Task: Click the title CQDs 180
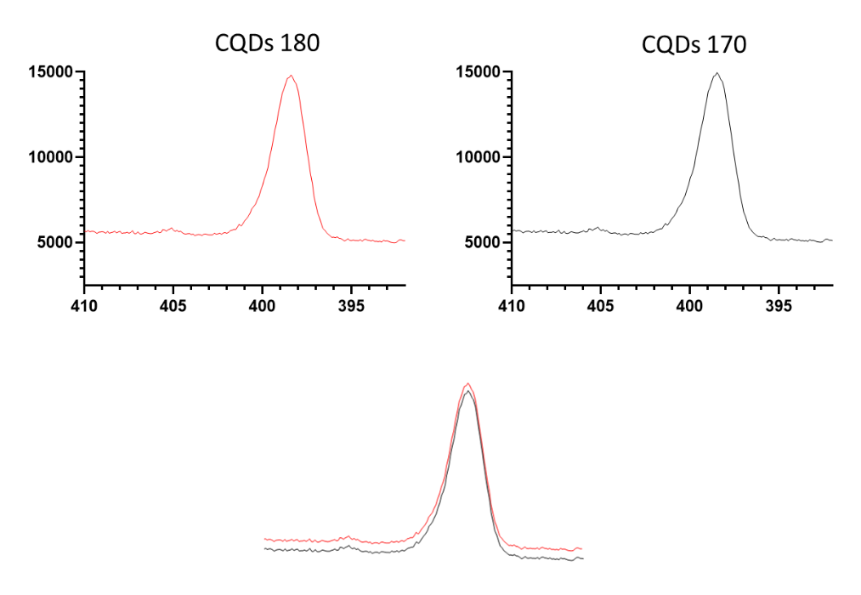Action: [x=267, y=43]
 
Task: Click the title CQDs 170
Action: [x=694, y=44]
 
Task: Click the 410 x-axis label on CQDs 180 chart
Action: [x=83, y=304]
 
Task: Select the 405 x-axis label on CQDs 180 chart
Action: [x=173, y=304]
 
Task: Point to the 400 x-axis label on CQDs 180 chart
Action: [x=262, y=304]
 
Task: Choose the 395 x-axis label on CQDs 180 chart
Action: [x=351, y=304]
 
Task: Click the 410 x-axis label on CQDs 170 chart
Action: [x=511, y=304]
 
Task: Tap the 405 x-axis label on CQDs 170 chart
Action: [x=600, y=304]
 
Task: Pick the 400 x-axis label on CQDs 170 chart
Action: [x=689, y=304]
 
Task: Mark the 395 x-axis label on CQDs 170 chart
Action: [x=779, y=304]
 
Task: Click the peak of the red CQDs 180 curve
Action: [x=291, y=76]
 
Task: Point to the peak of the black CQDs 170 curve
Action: [x=717, y=73]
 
